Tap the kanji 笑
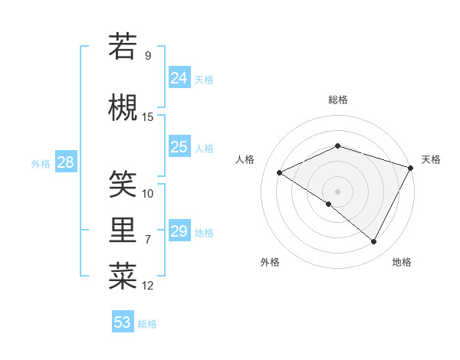[x=123, y=183]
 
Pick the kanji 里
[x=123, y=231]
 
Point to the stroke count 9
[x=147, y=56]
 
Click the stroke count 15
[x=148, y=117]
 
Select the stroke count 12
[x=148, y=286]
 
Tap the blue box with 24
[x=179, y=77]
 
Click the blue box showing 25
[x=179, y=147]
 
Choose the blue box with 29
[x=179, y=231]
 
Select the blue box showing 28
[x=65, y=162]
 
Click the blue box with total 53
[x=123, y=322]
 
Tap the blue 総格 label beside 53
[x=148, y=324]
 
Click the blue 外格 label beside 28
[x=41, y=163]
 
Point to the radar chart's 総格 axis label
[x=337, y=100]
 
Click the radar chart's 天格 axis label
[x=431, y=159]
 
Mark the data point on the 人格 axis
[x=280, y=173]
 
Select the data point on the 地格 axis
[x=374, y=241]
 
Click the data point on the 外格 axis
[x=329, y=204]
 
